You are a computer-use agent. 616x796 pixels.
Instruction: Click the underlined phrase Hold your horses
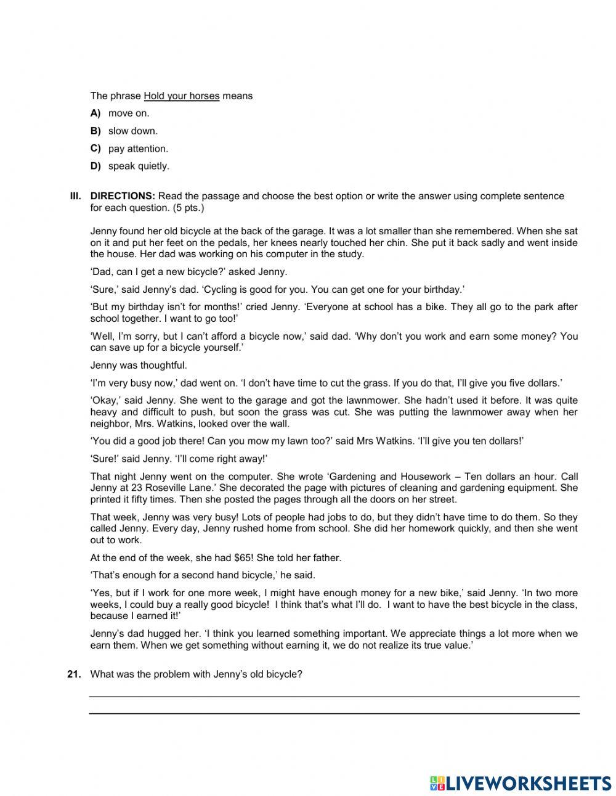pos(181,96)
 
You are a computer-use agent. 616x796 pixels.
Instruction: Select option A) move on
pos(128,113)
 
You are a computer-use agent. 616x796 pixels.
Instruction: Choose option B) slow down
pos(132,131)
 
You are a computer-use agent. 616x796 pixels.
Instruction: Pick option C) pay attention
pos(137,149)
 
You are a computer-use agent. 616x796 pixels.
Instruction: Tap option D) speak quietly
pos(138,166)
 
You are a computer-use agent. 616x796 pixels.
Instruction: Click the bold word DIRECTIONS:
pos(123,196)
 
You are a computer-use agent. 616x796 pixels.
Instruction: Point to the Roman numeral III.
pos(75,196)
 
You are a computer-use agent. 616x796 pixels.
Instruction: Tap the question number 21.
pos(74,674)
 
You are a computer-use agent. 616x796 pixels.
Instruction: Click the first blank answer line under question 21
pos(334,696)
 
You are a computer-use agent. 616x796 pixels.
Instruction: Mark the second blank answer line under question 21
pos(334,713)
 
